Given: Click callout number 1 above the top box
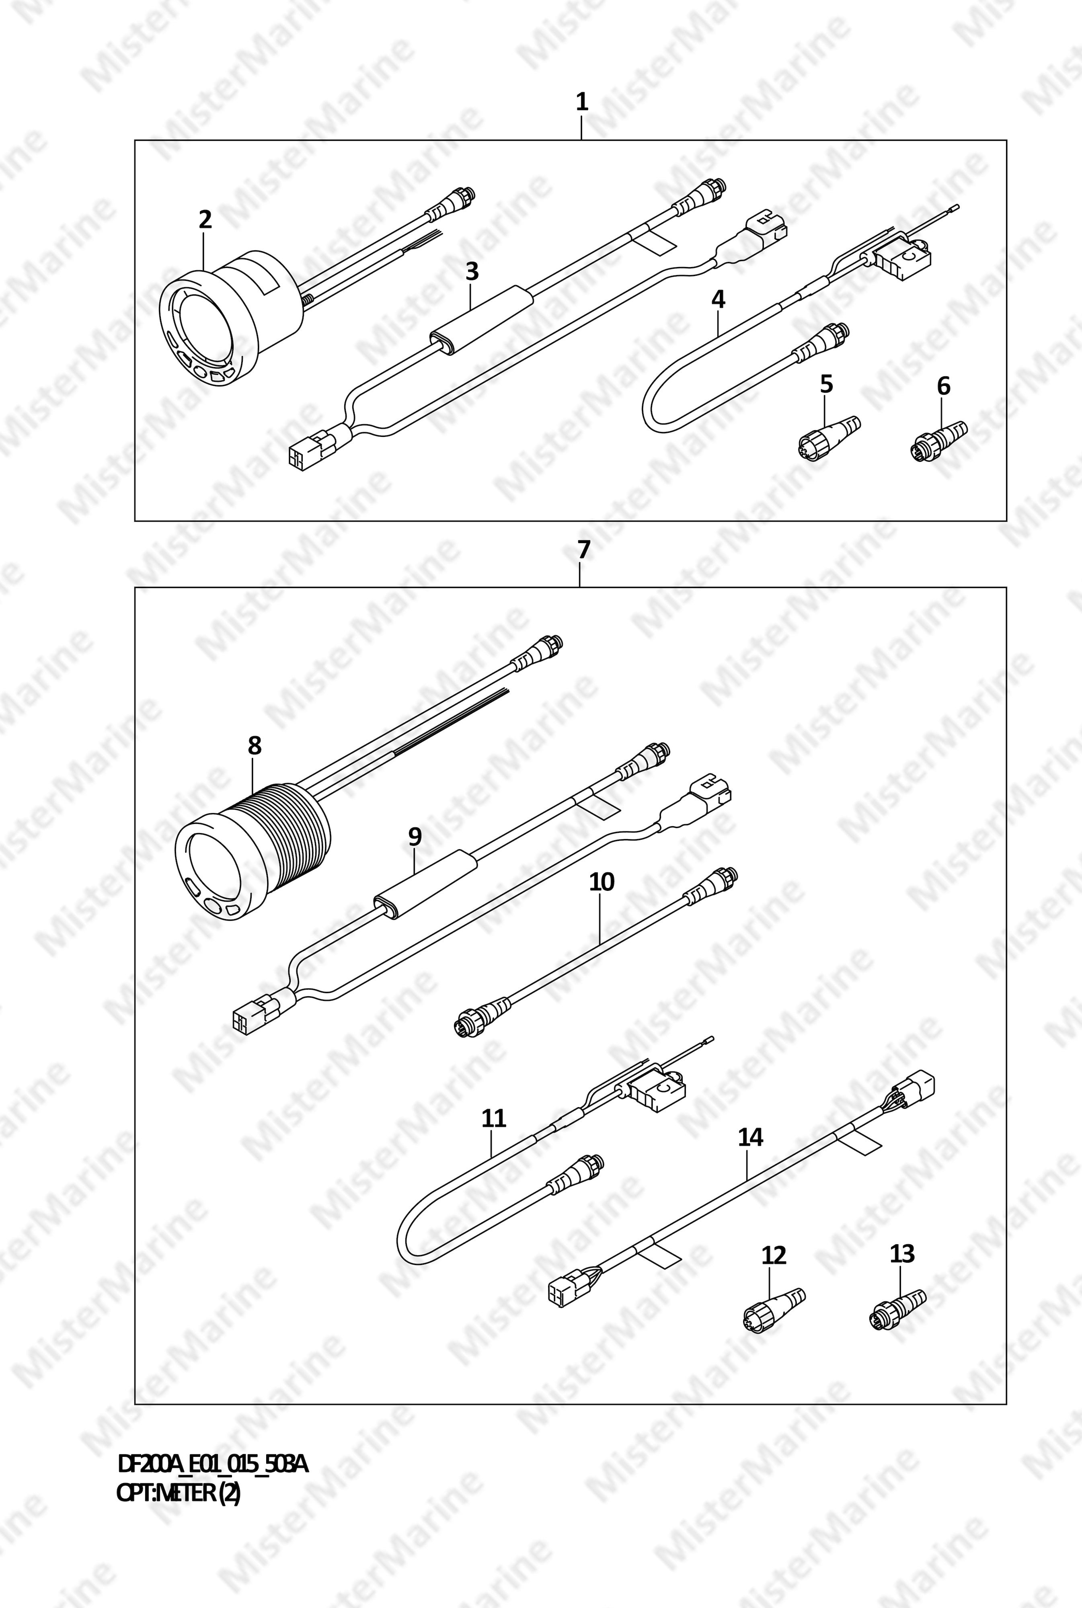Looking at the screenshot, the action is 582,103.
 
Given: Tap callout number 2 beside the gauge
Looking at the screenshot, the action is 205,220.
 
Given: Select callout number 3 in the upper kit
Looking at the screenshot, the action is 472,272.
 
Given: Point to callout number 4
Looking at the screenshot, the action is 719,300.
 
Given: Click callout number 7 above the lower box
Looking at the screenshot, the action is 584,550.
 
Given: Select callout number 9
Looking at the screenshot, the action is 414,837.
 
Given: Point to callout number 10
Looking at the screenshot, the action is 602,882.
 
